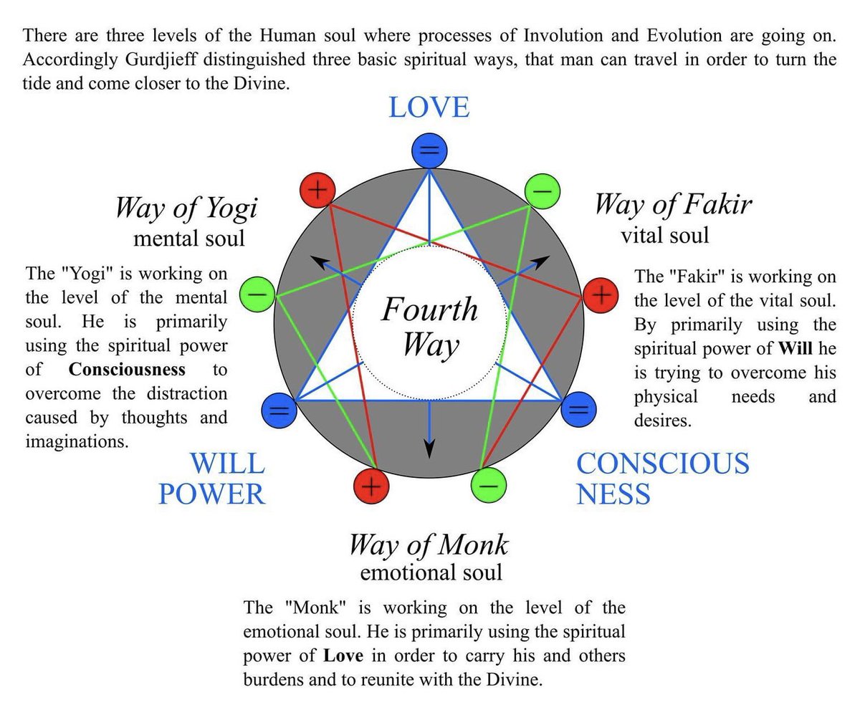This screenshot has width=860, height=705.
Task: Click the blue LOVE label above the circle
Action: (429, 107)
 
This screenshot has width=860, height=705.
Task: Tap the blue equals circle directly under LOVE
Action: (429, 151)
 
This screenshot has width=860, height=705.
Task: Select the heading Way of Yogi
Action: (186, 208)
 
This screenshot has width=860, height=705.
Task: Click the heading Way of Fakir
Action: (672, 204)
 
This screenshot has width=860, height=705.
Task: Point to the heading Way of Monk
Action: (428, 545)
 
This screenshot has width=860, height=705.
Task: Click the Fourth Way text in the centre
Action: (429, 327)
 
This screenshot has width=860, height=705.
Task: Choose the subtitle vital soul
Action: (664, 234)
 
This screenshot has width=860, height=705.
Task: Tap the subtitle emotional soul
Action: (431, 572)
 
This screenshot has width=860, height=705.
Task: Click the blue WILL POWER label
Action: (212, 479)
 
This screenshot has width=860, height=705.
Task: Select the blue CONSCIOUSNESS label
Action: (662, 478)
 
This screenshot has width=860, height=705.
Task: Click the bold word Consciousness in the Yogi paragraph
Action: (127, 370)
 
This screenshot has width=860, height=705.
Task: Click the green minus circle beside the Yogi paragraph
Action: (257, 294)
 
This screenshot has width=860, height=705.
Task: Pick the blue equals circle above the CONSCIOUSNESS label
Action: (579, 410)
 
